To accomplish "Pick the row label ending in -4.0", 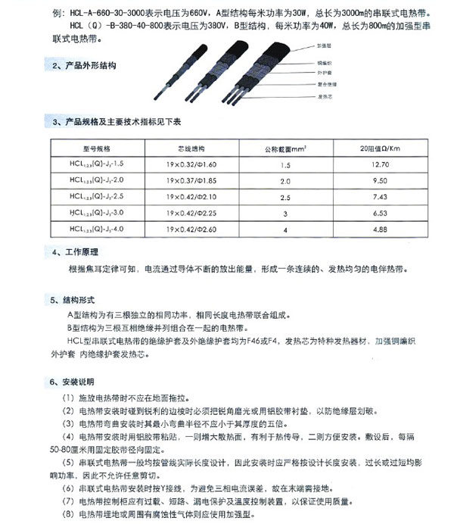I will coord(94,227).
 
